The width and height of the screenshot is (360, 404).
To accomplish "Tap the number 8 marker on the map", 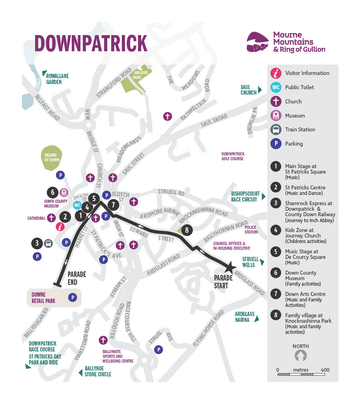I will tap(187, 230).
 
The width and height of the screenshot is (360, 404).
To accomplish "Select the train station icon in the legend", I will tap(276, 129).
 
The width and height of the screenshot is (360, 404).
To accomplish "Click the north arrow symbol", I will tap(300, 356).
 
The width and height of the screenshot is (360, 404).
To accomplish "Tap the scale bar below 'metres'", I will tap(300, 374).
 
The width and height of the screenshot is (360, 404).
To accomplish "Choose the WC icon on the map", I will tap(78, 205).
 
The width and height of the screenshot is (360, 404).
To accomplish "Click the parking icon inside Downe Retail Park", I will tap(73, 297).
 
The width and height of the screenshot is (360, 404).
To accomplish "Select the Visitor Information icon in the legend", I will tap(276, 73).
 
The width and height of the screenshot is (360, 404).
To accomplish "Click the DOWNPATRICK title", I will tap(91, 43).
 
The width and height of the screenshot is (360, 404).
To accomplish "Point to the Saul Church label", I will tap(249, 90).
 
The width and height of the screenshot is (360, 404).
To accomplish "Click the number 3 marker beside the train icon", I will tap(37, 243).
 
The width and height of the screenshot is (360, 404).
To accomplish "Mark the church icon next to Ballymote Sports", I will tap(103, 340).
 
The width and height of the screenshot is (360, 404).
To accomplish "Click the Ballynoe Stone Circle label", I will tap(98, 372).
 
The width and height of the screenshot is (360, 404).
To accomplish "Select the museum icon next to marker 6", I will tap(64, 193).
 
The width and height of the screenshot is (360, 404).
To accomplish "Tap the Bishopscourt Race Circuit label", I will tap(245, 196).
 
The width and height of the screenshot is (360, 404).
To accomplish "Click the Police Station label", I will tap(251, 230).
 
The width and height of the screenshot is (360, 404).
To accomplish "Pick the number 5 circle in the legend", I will tap(276, 252).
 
